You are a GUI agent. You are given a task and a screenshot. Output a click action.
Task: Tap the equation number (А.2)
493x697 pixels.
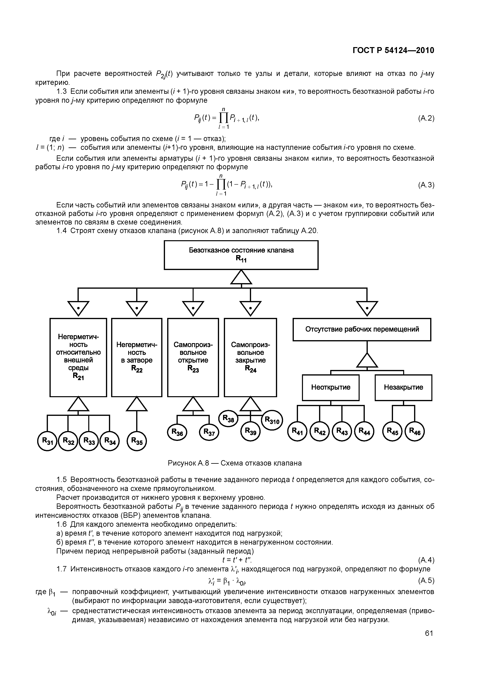pyautogui.click(x=426, y=118)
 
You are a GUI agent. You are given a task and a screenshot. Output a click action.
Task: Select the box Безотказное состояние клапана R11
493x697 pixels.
pyautogui.click(x=241, y=255)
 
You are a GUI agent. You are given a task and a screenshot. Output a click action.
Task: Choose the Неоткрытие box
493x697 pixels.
pyautogui.click(x=331, y=387)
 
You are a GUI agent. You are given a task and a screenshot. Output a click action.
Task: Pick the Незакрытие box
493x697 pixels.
pyautogui.click(x=403, y=387)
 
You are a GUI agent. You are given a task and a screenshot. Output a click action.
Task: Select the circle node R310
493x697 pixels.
pyautogui.click(x=272, y=420)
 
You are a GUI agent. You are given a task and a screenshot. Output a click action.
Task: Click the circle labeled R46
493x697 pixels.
pyautogui.click(x=415, y=431)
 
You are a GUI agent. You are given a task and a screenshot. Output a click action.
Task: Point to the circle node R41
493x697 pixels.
pyautogui.click(x=297, y=431)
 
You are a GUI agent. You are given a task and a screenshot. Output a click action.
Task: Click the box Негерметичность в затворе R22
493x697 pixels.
pyautogui.click(x=137, y=357)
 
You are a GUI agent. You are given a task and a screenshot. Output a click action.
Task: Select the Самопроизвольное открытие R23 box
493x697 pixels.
pyautogui.click(x=193, y=357)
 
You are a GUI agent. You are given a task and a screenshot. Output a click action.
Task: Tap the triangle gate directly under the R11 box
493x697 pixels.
pyautogui.click(x=241, y=277)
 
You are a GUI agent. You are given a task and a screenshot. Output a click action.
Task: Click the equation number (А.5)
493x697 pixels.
pyautogui.click(x=426, y=581)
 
